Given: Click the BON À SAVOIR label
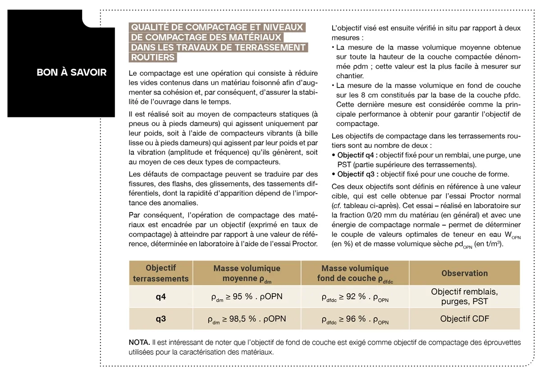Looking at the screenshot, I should pos(72,72).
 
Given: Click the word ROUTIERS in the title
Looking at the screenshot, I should pos(153,57).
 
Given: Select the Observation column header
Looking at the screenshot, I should pos(464,273).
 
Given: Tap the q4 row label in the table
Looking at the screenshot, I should pos(160,297).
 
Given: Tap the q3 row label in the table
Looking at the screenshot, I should pos(160,319).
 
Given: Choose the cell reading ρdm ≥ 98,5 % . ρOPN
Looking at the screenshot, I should pos(247,319).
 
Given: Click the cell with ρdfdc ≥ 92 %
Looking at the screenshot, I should pos(355,297).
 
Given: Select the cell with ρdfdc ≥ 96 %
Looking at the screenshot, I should pos(355,319).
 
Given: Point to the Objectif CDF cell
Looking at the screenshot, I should pos(464,319).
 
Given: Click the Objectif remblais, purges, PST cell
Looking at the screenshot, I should pos(464,296).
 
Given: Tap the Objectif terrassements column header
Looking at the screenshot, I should pos(160,273).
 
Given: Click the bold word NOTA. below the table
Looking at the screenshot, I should pos(139,343).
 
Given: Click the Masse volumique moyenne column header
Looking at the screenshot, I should pos(247,273).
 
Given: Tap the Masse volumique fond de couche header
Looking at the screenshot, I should pos(355,273).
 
